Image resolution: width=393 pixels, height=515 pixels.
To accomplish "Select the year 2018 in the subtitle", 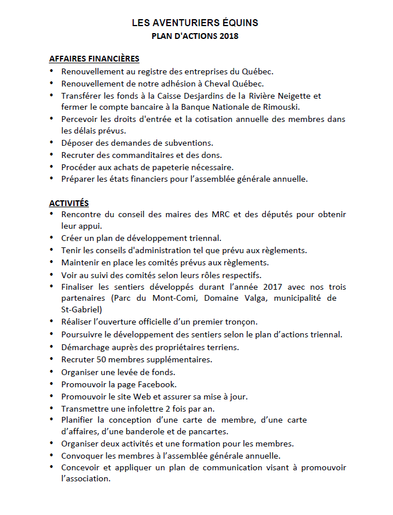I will pyautogui.click(x=229, y=36).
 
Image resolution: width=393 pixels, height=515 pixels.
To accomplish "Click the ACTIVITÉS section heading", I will pyautogui.click(x=69, y=203).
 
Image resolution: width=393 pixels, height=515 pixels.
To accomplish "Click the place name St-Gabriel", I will pyautogui.click(x=82, y=309).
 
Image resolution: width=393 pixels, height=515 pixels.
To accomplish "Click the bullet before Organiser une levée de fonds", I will pyautogui.click(x=51, y=371).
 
